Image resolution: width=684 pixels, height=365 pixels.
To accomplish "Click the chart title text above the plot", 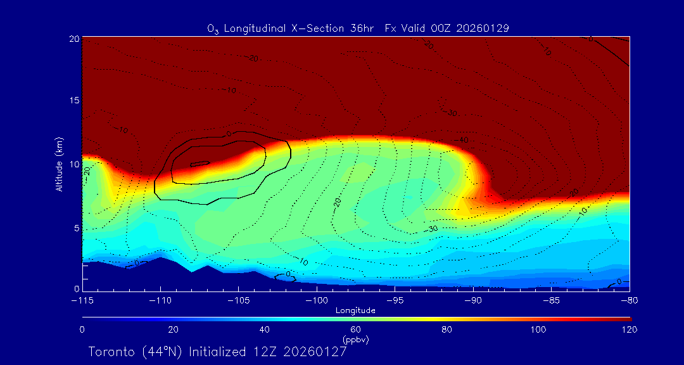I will [x=358, y=29].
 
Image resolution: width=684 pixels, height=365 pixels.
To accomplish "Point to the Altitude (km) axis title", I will [x=59, y=164].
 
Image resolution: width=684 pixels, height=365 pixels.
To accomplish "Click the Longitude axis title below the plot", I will [x=355, y=311].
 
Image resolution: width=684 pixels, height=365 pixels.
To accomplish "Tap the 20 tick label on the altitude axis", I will [x=74, y=39].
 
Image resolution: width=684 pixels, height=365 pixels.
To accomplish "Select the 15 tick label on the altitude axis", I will [x=74, y=101].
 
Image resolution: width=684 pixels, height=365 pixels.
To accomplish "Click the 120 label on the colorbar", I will [x=630, y=330].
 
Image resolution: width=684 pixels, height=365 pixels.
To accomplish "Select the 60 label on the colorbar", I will [x=355, y=330].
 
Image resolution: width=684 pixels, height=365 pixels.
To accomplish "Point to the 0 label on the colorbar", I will [x=82, y=330].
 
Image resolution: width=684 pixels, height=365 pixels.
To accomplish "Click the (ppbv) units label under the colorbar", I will [x=355, y=340].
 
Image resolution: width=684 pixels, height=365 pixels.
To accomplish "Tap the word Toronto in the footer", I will [x=111, y=352].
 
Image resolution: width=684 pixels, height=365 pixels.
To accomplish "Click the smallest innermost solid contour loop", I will [x=200, y=163].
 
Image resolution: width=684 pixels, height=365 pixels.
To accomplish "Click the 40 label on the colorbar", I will [x=264, y=330].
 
